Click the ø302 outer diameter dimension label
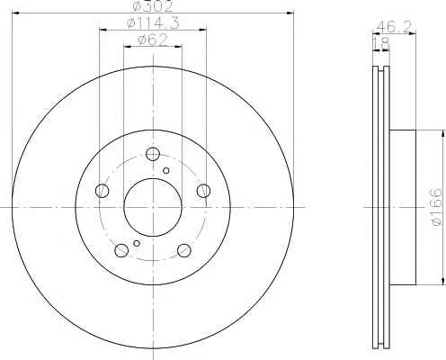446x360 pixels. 153,6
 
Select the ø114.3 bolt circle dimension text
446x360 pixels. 153,23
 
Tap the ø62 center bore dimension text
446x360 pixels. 153,40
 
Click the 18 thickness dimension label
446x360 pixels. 381,44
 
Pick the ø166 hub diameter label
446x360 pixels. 436,207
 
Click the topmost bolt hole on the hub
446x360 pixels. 153,154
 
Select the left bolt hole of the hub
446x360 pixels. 102,191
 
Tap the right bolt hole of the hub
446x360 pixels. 203,191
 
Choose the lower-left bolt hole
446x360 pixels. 121,250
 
